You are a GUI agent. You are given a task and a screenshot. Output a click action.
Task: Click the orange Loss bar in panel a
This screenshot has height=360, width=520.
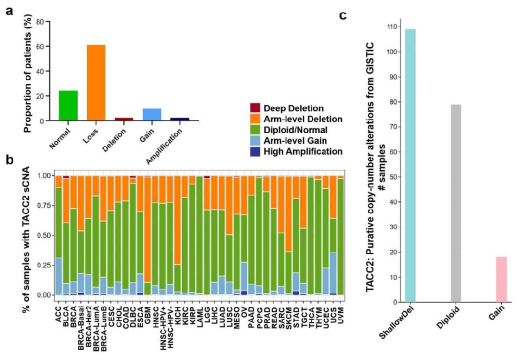coord(96,82)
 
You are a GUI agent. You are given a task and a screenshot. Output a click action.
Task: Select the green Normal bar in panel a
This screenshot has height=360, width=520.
coord(67,105)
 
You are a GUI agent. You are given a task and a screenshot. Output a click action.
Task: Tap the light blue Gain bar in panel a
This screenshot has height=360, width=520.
coord(152,114)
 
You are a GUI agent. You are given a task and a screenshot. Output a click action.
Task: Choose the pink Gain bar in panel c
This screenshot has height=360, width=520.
coord(502,280)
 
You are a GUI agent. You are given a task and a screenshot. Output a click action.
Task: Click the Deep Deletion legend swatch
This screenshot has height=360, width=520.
coord(255,108)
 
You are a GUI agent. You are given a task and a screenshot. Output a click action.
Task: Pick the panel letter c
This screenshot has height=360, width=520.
coord(343,15)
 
